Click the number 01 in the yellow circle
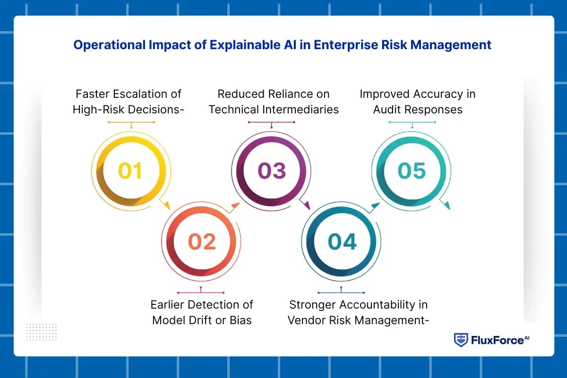[130, 171]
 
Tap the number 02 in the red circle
[202, 242]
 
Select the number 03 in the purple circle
[272, 171]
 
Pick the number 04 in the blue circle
[342, 242]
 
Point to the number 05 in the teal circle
[412, 171]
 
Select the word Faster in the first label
[92, 94]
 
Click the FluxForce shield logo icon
[461, 340]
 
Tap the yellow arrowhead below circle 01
[165, 205]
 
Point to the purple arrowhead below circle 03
[306, 205]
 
